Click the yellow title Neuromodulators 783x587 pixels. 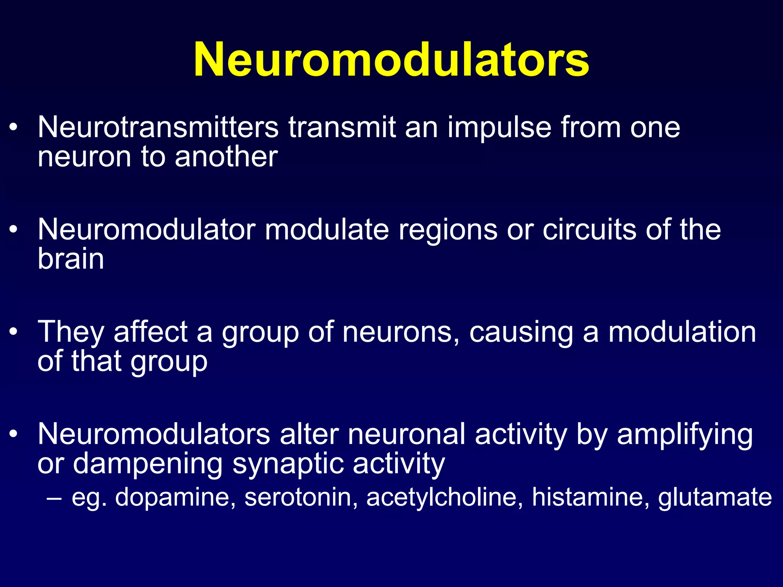coord(391,60)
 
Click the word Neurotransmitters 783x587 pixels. coord(158,127)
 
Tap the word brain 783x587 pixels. coord(71,259)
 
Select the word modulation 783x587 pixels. coord(682,332)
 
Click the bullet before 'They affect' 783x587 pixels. coord(14,331)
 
